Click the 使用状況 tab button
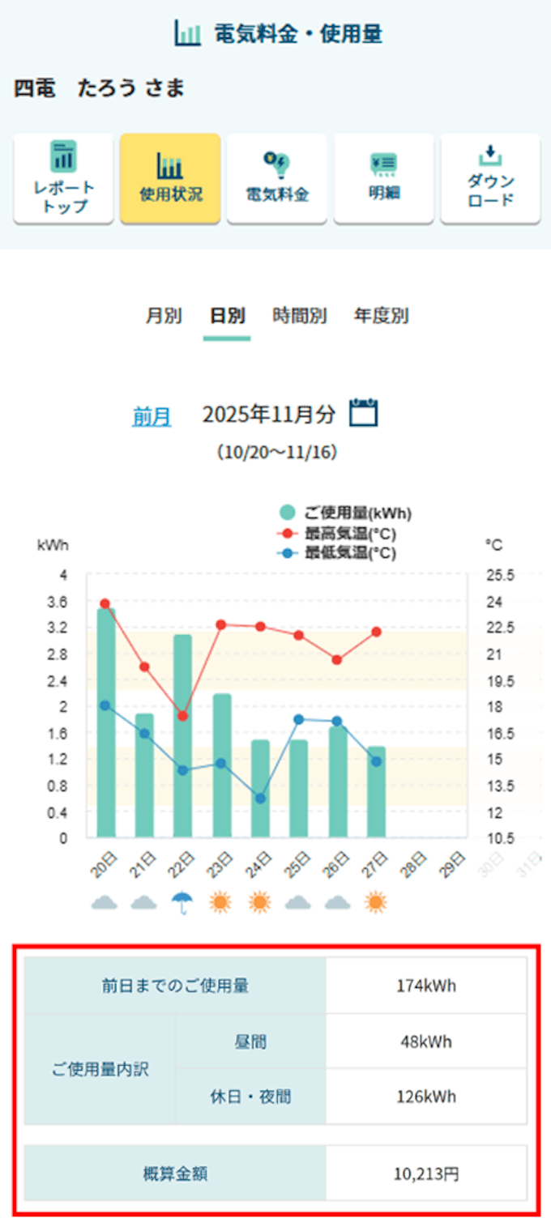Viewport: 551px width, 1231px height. point(170,178)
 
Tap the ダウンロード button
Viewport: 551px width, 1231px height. point(490,178)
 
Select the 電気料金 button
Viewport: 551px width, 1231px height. point(277,178)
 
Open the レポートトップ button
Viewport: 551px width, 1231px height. point(63,178)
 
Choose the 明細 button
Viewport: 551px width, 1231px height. point(383,178)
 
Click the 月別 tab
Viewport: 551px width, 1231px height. point(164,316)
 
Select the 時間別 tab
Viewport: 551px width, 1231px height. point(300,316)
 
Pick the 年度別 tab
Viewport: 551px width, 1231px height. point(381,316)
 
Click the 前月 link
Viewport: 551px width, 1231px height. point(152,417)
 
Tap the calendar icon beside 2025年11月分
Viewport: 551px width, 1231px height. point(364,413)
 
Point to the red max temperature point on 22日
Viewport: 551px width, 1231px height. point(183,716)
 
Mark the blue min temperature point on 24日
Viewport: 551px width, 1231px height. point(260,799)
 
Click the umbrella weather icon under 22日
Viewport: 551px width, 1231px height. point(183,902)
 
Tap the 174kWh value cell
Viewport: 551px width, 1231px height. point(426,986)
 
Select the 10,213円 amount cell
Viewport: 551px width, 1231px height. point(426,1173)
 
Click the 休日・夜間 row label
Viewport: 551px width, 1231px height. point(250,1097)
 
